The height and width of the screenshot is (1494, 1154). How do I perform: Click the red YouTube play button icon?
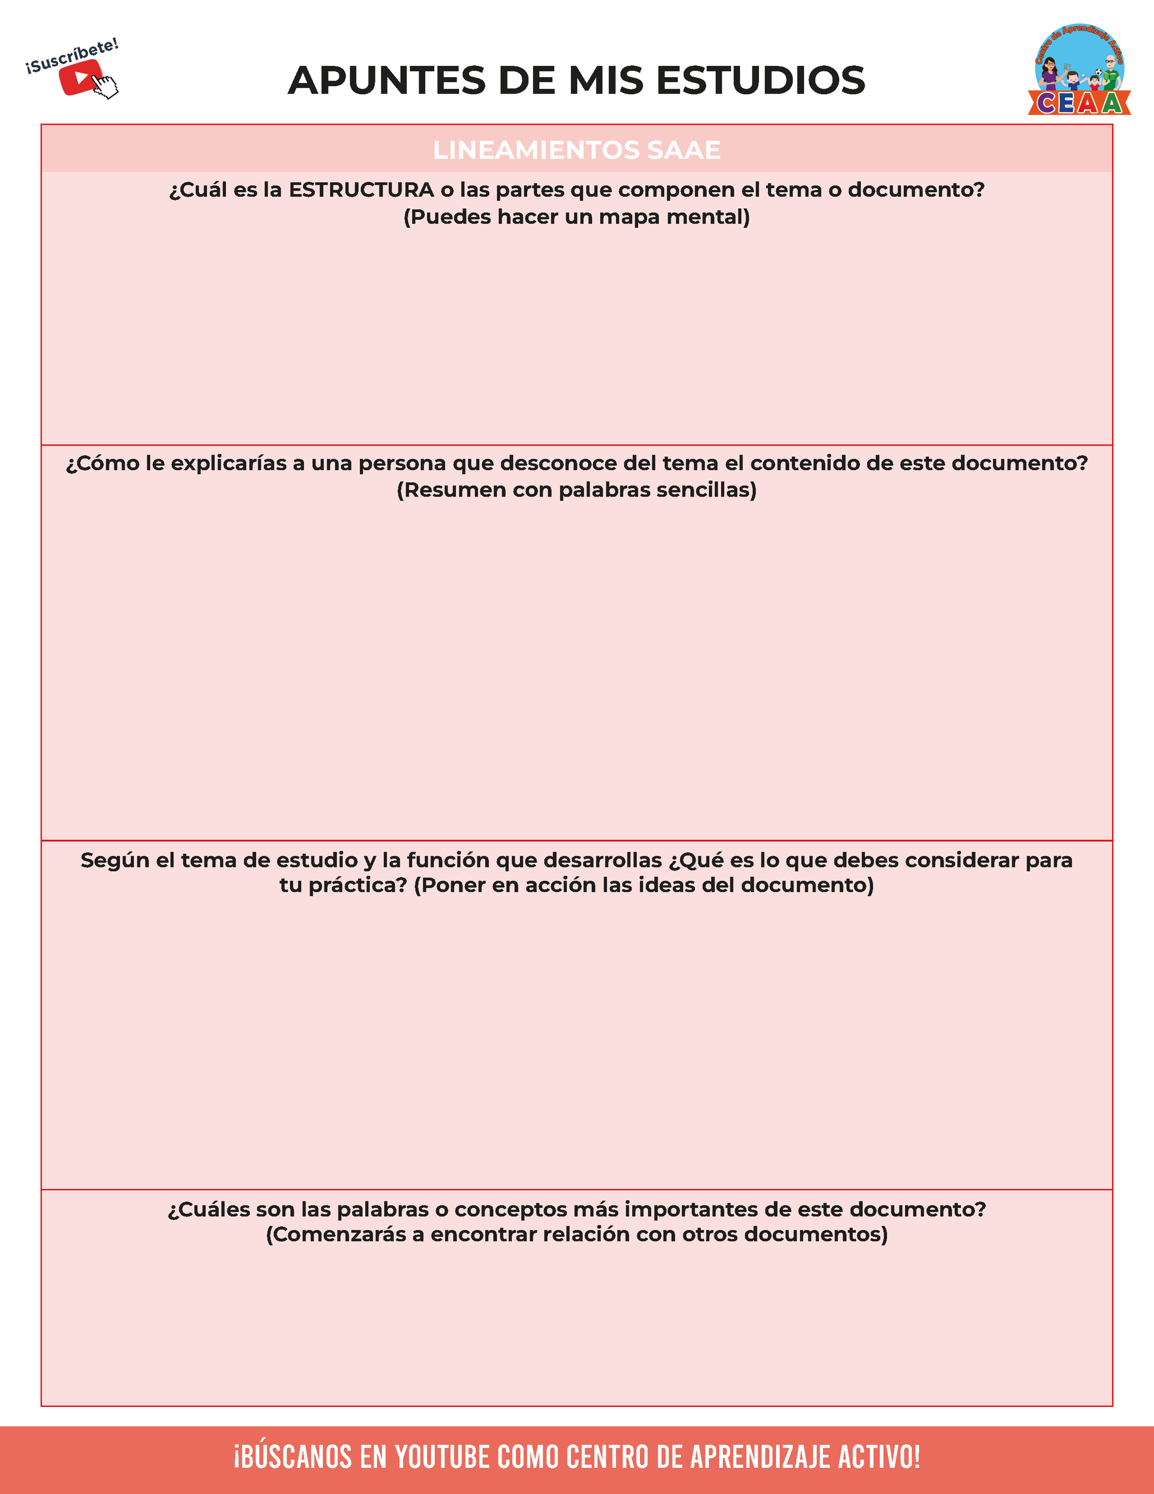click(79, 77)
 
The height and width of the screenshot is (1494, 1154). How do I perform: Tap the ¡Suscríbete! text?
click(72, 57)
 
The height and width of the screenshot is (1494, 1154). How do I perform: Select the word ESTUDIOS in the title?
click(760, 81)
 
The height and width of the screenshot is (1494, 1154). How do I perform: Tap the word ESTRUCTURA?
click(361, 190)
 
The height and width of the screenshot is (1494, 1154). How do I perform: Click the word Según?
click(115, 860)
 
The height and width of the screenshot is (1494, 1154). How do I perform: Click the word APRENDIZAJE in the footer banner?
click(761, 1458)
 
